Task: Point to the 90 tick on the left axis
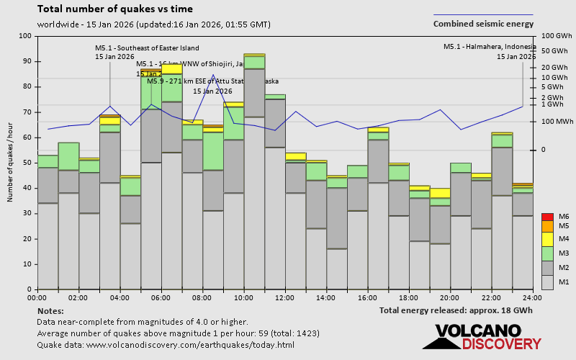point(27,61)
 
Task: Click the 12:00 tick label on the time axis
point(285,297)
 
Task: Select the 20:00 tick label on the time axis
point(451,297)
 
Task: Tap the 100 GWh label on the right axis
point(555,36)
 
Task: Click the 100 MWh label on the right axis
point(555,122)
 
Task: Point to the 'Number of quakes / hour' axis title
point(11,163)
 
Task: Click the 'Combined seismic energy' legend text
point(483,24)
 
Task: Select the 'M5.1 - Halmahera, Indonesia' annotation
point(490,47)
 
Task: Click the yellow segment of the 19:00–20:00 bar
point(440,193)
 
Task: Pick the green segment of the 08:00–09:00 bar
point(212,150)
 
